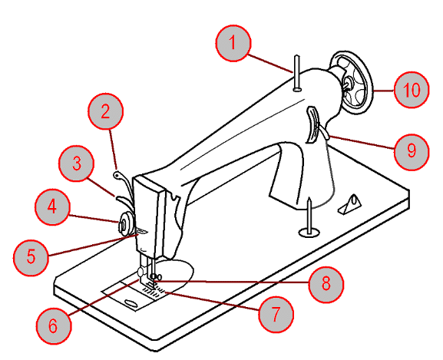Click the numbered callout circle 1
coord(233,43)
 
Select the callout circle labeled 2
coord(106,111)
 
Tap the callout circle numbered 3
coord(77,163)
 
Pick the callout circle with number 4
coord(52,207)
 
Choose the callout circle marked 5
coord(31,257)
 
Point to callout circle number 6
coord(54,325)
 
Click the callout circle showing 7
coord(276,314)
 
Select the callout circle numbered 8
coord(326,284)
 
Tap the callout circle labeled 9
coord(412,152)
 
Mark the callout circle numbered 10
coord(412,90)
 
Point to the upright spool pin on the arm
coord(296,73)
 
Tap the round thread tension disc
coord(125,224)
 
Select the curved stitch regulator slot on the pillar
coord(312,124)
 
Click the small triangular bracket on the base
coord(350,205)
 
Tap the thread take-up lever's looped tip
coord(117,175)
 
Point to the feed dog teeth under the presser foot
coord(154,292)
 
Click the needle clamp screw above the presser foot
coord(155,276)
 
